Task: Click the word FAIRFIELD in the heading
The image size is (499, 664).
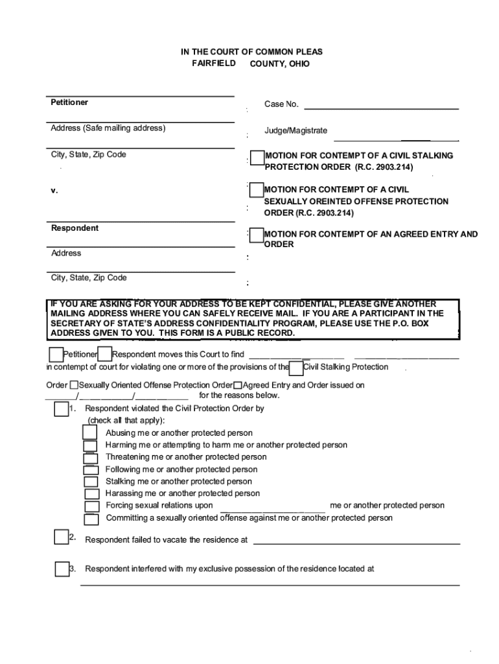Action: point(214,64)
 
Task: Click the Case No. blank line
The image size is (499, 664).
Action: point(381,108)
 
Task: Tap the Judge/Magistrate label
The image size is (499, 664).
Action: point(296,130)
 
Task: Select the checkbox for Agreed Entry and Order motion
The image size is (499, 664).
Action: point(257,235)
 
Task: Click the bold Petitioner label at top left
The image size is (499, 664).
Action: point(69,102)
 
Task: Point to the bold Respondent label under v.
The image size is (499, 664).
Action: point(75,228)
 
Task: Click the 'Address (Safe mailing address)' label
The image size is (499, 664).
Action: point(108,128)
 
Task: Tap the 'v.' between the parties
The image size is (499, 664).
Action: point(54,191)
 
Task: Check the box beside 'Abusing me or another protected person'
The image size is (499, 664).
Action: point(91,433)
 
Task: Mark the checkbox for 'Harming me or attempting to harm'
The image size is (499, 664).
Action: point(91,445)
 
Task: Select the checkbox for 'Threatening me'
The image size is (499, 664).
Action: point(91,458)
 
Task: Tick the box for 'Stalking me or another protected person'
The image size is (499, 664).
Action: point(91,482)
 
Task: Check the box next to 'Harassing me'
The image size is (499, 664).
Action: point(91,494)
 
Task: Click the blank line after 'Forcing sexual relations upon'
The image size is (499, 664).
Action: point(272,510)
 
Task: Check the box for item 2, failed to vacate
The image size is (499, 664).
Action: point(62,537)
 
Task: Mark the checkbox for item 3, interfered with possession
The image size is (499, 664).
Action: point(62,569)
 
